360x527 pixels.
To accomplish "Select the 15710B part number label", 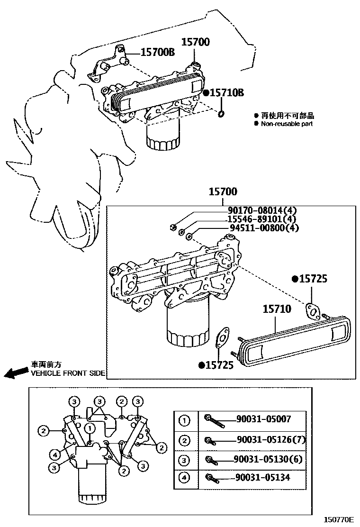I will pyautogui.click(x=226, y=93).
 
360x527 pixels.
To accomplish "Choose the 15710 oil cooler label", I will pyautogui.click(x=277, y=309).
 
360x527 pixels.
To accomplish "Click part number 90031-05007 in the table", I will pyautogui.click(x=264, y=419).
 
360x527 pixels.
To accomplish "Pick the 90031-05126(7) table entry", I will pyautogui.click(x=271, y=439).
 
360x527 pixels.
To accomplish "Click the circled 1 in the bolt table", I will pyautogui.click(x=184, y=420).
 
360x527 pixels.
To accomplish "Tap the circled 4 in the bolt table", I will pyautogui.click(x=184, y=478).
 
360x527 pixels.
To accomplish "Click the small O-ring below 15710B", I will pyautogui.click(x=221, y=114).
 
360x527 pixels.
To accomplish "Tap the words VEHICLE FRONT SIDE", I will pyautogui.click(x=68, y=373).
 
